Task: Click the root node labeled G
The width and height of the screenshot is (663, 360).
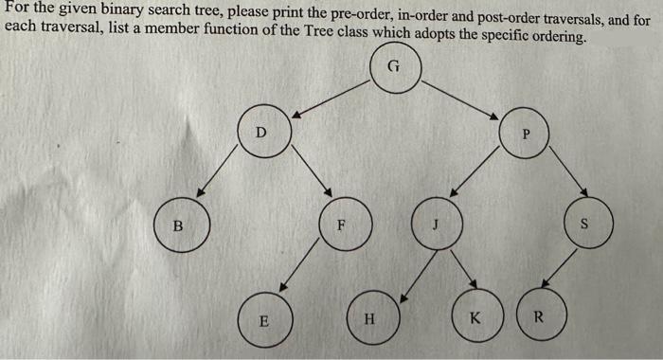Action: click(395, 69)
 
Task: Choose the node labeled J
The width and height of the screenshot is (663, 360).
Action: click(437, 225)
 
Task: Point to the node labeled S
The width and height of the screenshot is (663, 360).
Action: click(584, 225)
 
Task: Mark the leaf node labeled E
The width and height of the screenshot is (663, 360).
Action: click(264, 320)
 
